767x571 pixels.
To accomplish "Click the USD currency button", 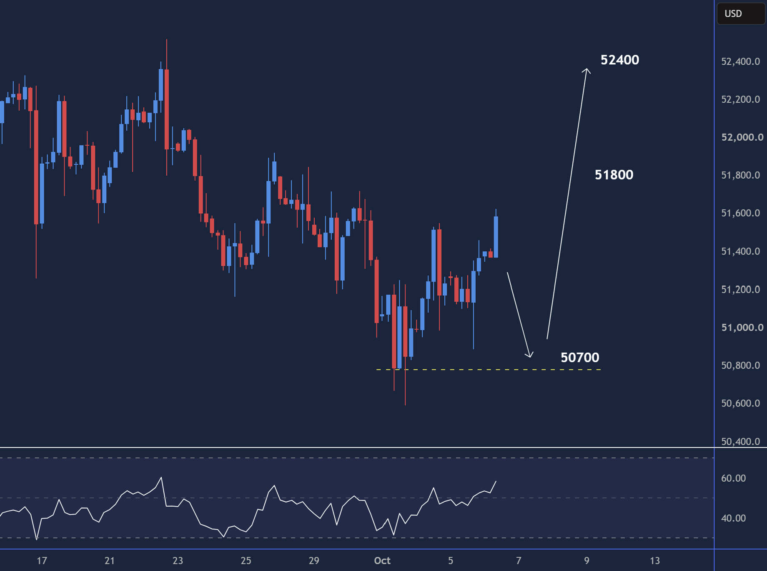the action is [741, 13].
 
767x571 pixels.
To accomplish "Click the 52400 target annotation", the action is [619, 60].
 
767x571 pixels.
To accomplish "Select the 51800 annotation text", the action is [614, 175].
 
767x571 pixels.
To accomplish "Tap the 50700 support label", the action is [580, 358].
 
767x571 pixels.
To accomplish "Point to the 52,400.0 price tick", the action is [740, 62].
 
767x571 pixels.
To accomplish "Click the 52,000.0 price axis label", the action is [742, 137].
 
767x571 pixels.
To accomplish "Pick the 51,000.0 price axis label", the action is [742, 328].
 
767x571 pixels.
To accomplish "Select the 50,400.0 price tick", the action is [740, 442].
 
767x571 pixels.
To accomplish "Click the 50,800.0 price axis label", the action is [740, 366].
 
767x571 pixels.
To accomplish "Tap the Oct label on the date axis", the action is [382, 561].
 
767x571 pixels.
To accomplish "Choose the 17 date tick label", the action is [42, 561].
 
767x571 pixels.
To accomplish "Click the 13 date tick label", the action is [655, 561].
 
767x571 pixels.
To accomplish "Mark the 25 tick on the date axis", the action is [246, 561].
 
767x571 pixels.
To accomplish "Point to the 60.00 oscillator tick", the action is [733, 478].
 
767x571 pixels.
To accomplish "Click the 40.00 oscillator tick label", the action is [733, 518].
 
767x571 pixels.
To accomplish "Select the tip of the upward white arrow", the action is [587, 69].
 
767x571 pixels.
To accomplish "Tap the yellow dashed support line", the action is [488, 370].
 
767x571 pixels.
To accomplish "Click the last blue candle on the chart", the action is [496, 237].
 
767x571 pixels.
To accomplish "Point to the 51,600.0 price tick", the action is [740, 213].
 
